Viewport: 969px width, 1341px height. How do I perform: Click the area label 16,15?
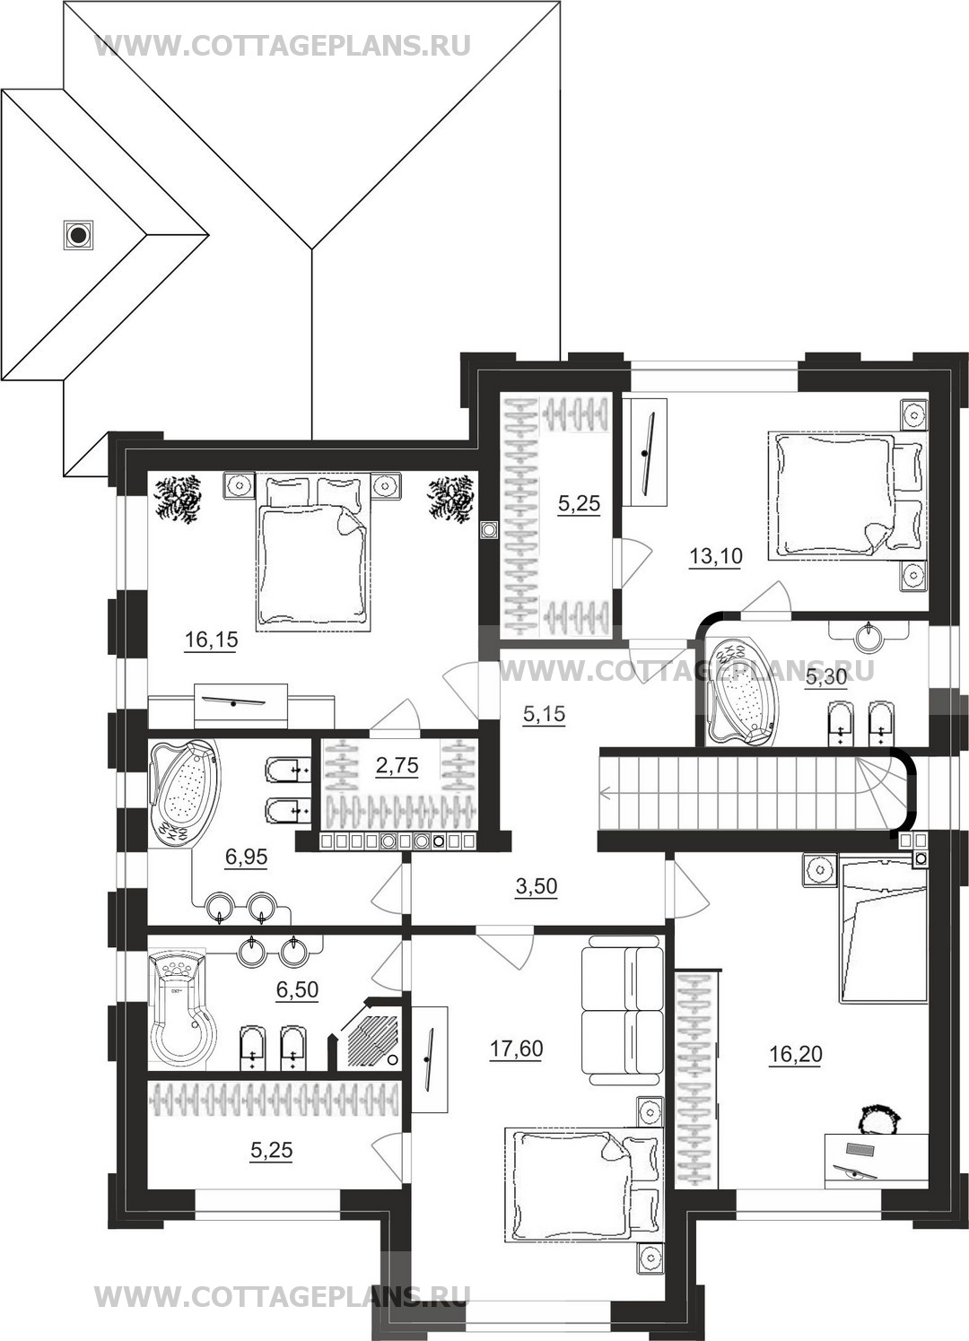pyautogui.click(x=211, y=640)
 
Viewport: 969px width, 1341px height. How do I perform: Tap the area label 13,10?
pyautogui.click(x=716, y=557)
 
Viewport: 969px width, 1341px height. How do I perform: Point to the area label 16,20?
pyautogui.click(x=795, y=1054)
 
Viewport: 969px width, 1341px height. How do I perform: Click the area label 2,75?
pyautogui.click(x=397, y=765)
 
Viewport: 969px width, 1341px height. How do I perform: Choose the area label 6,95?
pyautogui.click(x=246, y=858)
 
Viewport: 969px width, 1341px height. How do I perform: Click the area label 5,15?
pyautogui.click(x=544, y=714)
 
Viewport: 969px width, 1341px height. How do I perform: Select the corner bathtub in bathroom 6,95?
pyautogui.click(x=184, y=793)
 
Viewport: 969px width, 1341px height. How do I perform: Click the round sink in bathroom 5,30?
pyautogui.click(x=869, y=636)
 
